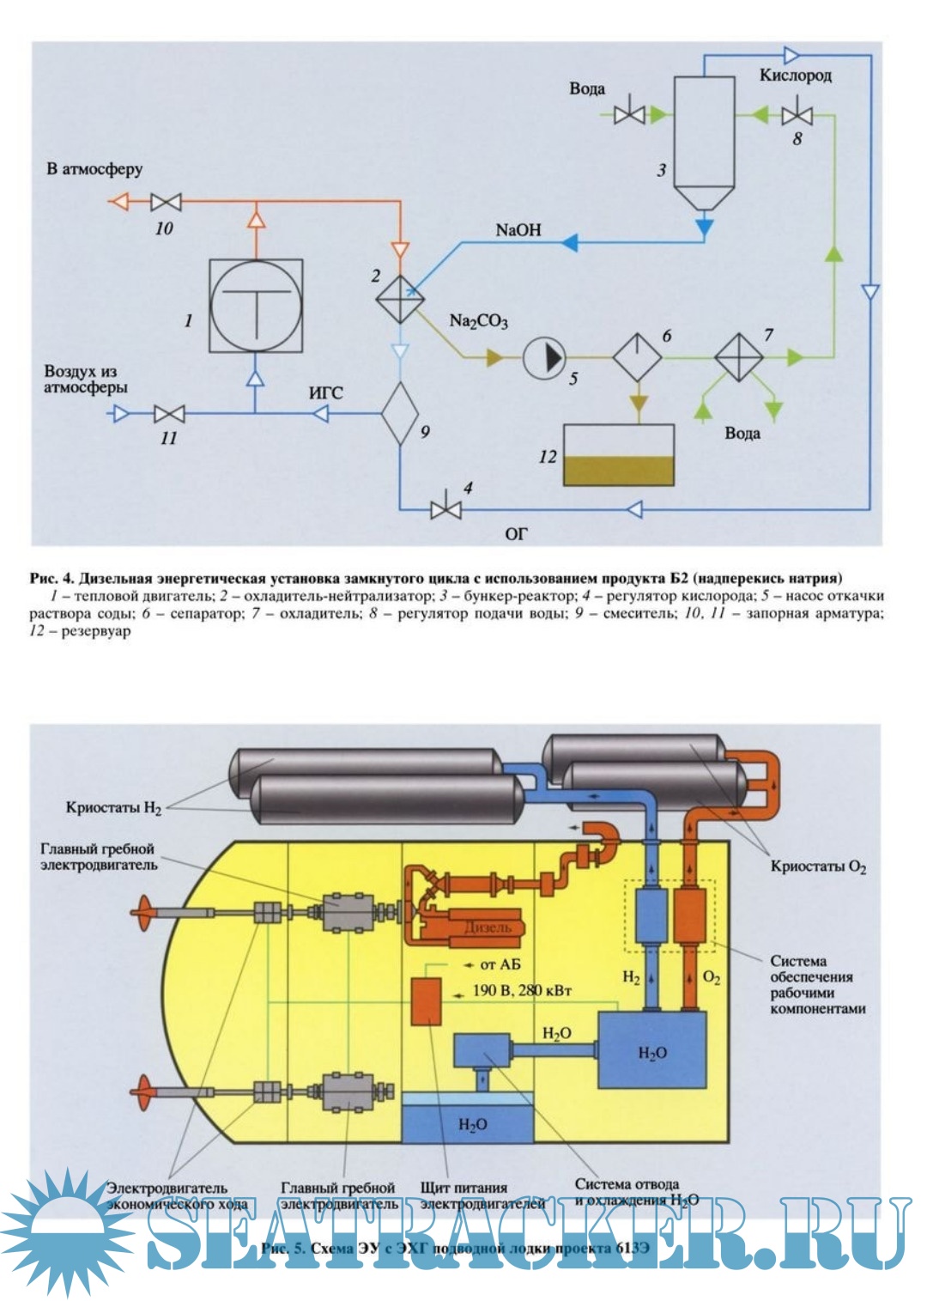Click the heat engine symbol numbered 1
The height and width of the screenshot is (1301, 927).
(x=256, y=307)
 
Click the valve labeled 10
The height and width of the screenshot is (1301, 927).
(x=166, y=203)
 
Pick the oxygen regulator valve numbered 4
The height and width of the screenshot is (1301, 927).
(x=445, y=509)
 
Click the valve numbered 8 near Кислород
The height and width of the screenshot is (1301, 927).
(x=798, y=114)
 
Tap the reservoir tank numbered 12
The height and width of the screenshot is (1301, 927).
(x=619, y=455)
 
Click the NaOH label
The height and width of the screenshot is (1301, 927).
(x=518, y=230)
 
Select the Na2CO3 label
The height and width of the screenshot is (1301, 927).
(x=478, y=321)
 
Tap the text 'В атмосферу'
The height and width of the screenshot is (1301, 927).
(x=94, y=169)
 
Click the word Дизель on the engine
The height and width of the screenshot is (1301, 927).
(x=487, y=927)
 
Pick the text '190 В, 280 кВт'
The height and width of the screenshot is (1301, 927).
(x=522, y=990)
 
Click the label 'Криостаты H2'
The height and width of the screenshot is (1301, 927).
(x=113, y=808)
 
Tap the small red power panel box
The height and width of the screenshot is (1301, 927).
(x=426, y=1000)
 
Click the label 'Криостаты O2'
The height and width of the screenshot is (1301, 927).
(x=818, y=866)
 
